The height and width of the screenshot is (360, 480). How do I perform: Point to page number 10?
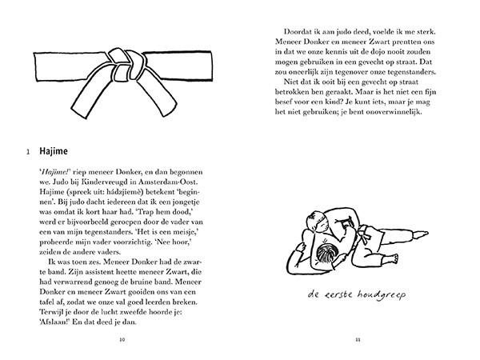(x=122, y=339)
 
